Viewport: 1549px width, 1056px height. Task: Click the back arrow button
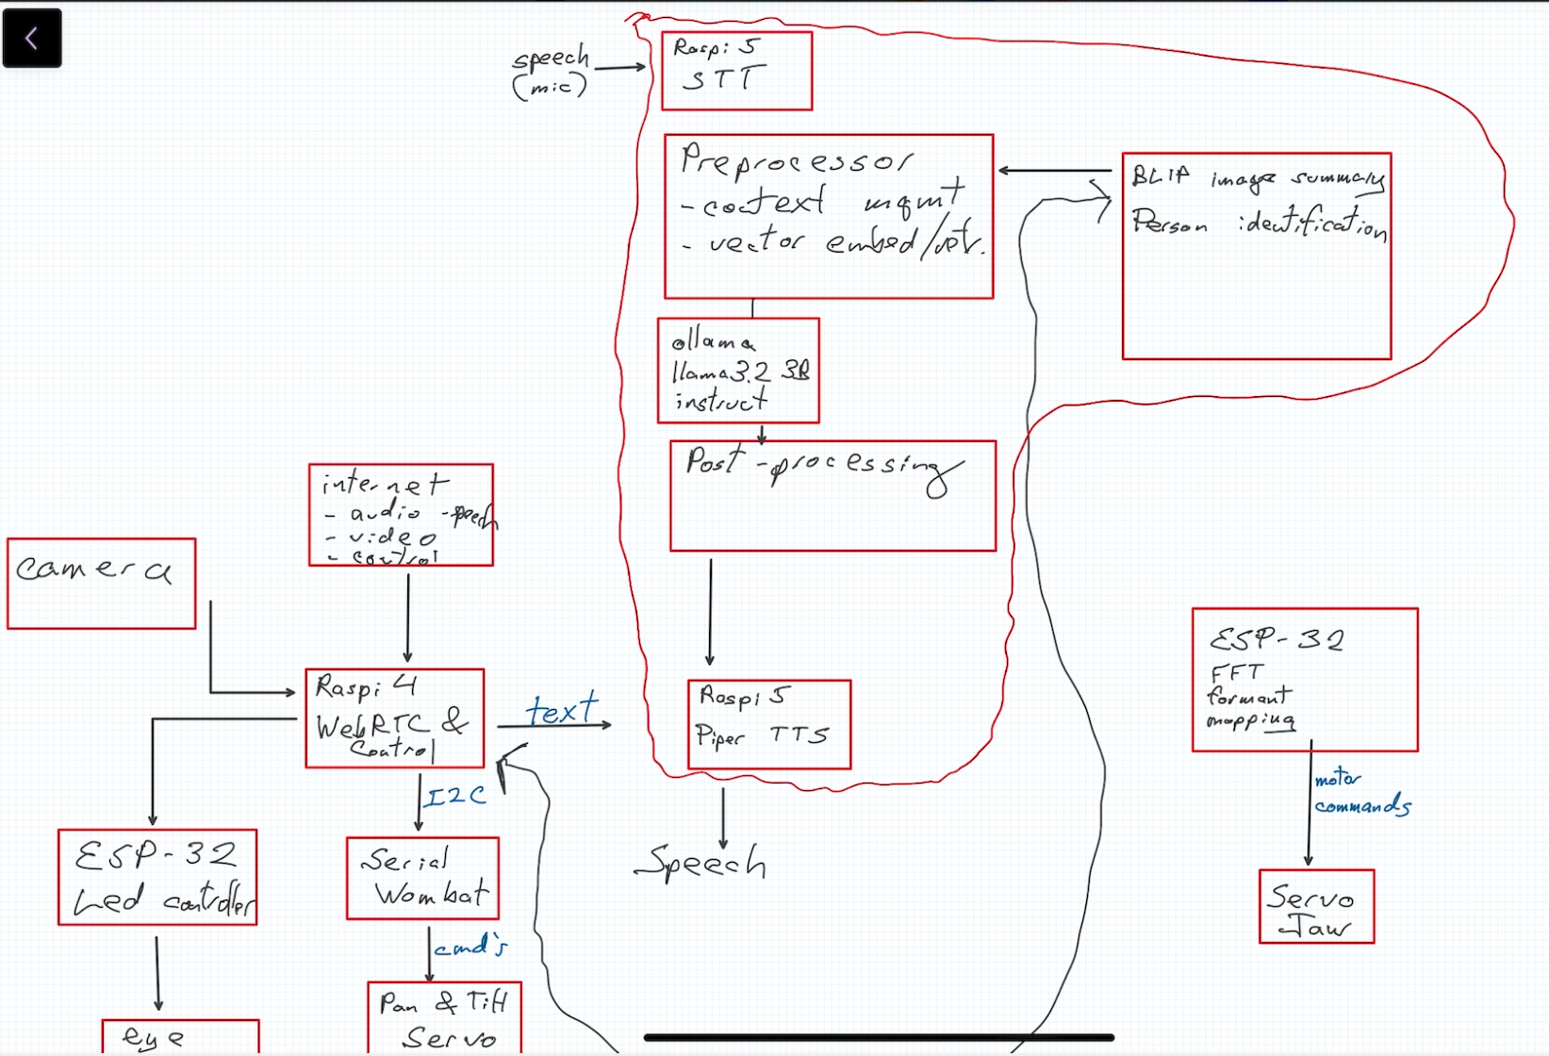tap(32, 38)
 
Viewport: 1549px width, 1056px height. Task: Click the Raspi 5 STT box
tap(736, 71)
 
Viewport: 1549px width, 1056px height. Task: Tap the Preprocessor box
tap(828, 216)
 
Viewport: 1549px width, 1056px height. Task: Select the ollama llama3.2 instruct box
tap(738, 371)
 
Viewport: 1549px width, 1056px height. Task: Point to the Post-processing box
tap(832, 496)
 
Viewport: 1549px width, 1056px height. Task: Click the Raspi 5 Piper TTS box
tap(768, 724)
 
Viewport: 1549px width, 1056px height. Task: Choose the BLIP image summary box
tap(1256, 256)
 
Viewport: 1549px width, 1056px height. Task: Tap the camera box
tap(101, 584)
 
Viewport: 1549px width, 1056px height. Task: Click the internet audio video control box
tap(401, 515)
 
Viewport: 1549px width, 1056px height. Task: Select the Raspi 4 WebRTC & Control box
tap(394, 718)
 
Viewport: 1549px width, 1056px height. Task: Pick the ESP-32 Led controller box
tap(157, 877)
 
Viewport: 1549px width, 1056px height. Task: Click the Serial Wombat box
tap(422, 878)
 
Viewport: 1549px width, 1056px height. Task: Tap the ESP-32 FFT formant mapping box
tap(1304, 680)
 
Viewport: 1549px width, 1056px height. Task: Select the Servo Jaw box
tap(1316, 906)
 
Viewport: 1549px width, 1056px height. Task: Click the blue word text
tap(562, 709)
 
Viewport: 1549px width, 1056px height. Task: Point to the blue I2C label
tap(455, 798)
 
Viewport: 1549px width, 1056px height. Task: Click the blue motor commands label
tap(1360, 793)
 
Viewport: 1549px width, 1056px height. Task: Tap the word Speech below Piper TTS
tap(701, 862)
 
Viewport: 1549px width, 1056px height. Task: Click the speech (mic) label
tap(551, 72)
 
